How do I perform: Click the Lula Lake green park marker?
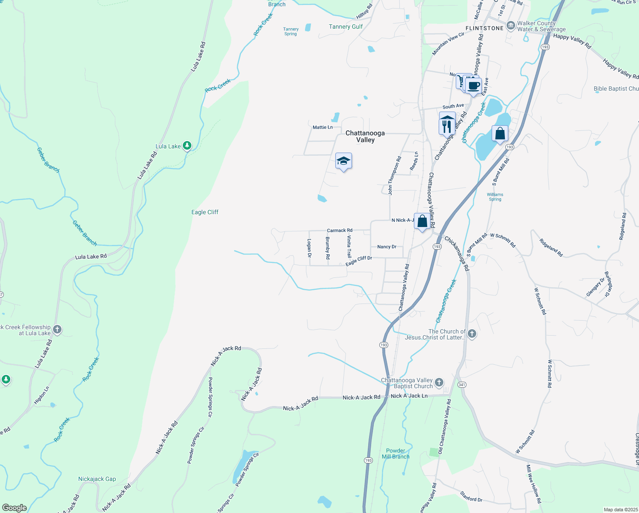(x=187, y=146)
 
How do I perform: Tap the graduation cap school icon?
(x=343, y=161)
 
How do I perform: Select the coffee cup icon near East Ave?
(x=474, y=85)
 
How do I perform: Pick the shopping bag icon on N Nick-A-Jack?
(x=422, y=221)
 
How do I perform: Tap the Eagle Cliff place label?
(x=205, y=212)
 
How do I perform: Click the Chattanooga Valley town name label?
(x=365, y=136)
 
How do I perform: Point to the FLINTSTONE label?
(x=484, y=28)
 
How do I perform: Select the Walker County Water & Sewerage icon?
(x=510, y=26)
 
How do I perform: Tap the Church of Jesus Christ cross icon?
(x=472, y=334)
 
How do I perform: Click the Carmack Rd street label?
(x=340, y=230)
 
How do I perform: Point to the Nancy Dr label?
(x=387, y=247)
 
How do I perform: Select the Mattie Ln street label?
(x=322, y=127)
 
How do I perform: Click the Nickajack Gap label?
(x=97, y=479)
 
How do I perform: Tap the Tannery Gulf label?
(x=346, y=27)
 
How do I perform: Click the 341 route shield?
(x=461, y=385)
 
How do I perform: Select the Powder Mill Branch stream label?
(x=396, y=454)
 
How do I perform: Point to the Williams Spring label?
(x=495, y=197)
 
